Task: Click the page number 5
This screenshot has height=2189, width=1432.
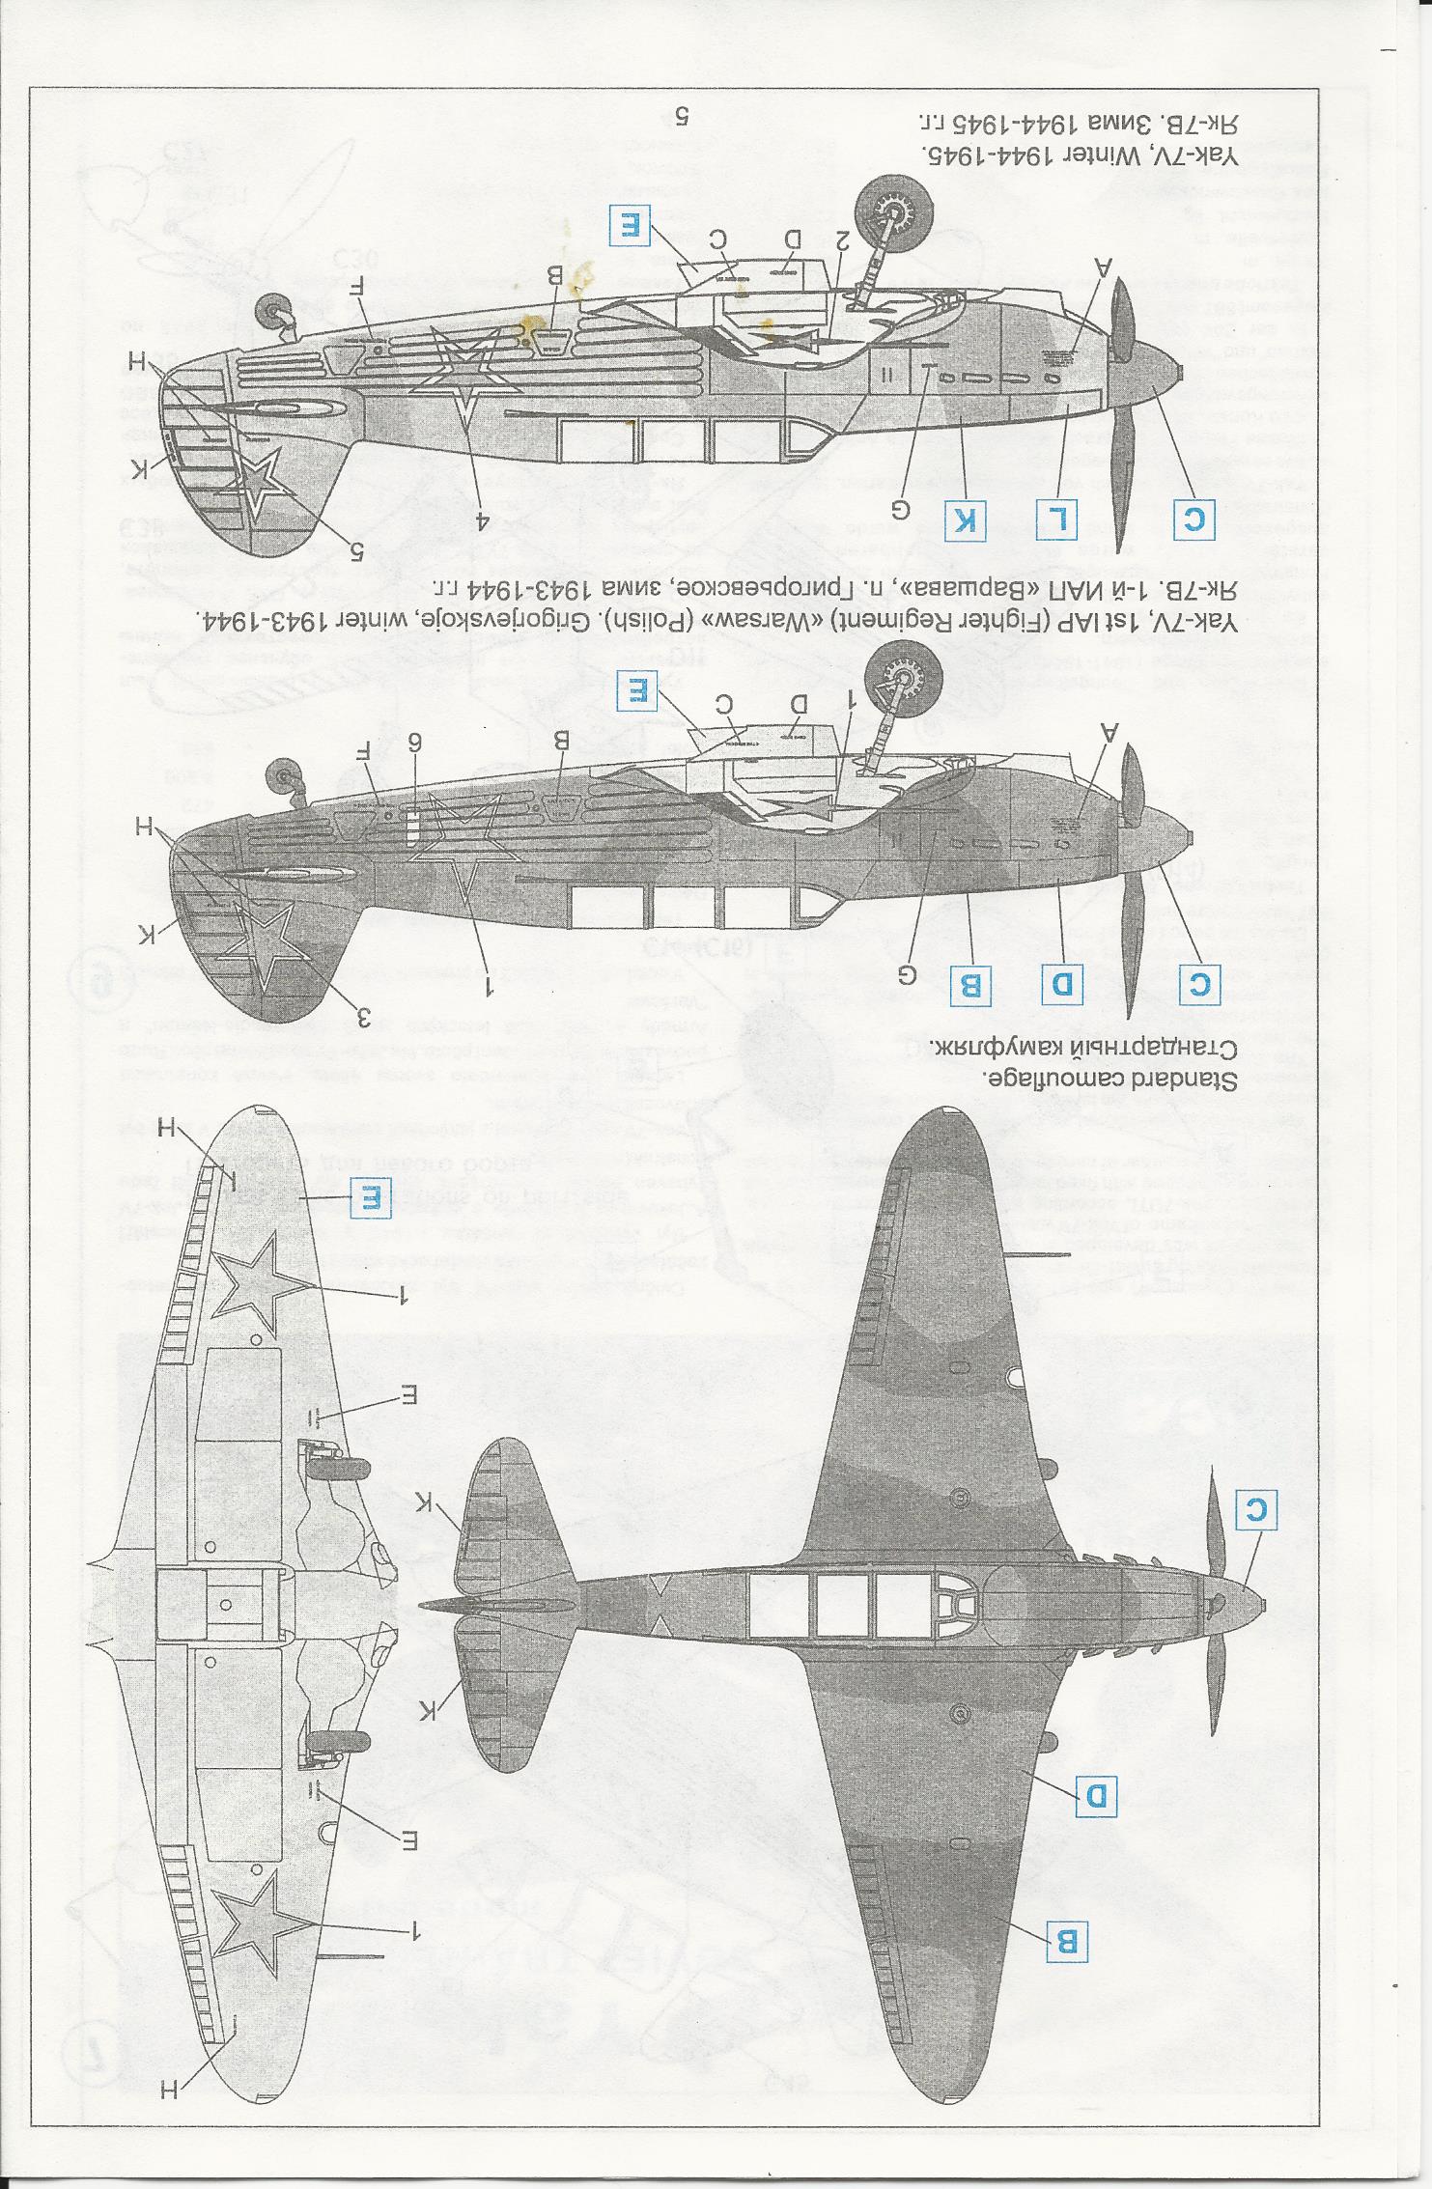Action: pyautogui.click(x=681, y=117)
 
